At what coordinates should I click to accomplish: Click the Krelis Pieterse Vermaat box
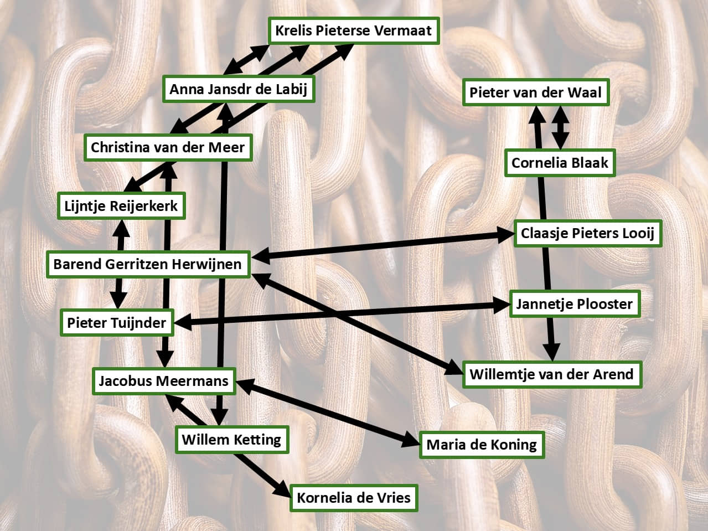354,30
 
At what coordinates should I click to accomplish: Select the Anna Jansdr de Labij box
239,89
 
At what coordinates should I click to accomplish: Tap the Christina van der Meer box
168,147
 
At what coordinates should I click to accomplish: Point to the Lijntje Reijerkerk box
121,206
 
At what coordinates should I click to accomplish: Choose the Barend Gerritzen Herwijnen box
148,264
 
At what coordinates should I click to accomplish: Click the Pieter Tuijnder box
117,322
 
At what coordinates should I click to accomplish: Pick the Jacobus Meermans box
164,381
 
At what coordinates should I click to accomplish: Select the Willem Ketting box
231,440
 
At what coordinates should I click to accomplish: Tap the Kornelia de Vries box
354,497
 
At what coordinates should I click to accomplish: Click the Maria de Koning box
482,445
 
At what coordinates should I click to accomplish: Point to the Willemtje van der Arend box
551,374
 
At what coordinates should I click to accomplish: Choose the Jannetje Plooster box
574,304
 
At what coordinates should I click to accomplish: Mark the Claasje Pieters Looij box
587,233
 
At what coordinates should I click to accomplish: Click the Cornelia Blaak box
560,163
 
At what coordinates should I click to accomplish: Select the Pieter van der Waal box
535,92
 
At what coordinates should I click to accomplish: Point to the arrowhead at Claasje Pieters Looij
506,234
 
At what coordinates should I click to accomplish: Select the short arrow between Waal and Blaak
560,127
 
